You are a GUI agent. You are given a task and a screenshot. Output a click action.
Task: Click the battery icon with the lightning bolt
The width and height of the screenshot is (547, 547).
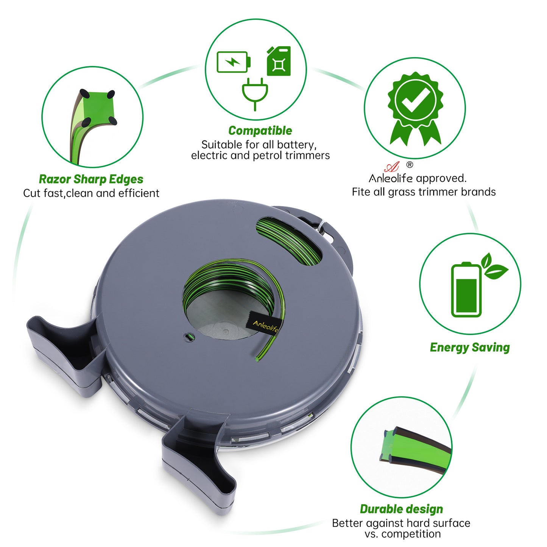[233, 62]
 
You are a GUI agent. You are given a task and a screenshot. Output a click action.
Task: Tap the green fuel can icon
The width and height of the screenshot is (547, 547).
[279, 61]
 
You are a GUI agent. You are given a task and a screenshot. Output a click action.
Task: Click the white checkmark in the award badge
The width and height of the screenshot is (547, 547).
[415, 100]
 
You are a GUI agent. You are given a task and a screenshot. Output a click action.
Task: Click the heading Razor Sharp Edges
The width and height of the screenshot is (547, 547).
[91, 179]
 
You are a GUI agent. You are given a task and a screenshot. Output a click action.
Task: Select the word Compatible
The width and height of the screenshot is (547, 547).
[260, 131]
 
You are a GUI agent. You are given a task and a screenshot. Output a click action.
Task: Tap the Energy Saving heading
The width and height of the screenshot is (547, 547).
[470, 348]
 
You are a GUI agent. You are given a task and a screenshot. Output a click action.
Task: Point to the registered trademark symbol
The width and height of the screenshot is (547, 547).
[410, 165]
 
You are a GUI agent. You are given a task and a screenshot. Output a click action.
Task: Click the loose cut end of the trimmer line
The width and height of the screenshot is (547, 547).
[257, 360]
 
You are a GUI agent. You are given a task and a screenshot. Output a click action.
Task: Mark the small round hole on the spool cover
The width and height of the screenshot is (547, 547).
[189, 337]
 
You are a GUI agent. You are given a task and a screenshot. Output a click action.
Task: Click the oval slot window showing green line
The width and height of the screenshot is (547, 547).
[289, 241]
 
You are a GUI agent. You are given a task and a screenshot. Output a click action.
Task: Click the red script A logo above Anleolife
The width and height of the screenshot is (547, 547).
[392, 167]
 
